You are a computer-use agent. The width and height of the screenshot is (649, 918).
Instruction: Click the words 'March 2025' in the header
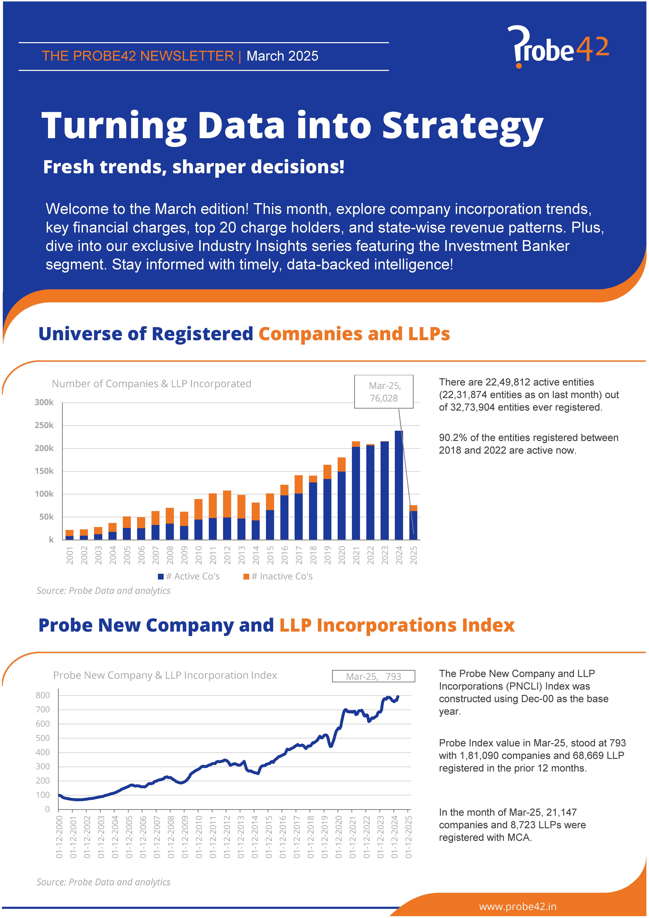click(282, 56)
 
